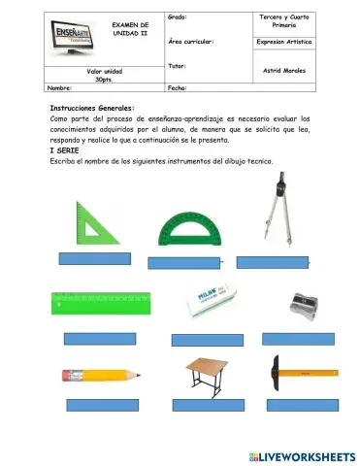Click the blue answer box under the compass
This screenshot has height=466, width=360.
click(273, 260)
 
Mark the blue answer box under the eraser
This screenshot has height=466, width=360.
click(207, 340)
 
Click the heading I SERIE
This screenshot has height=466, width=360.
click(65, 150)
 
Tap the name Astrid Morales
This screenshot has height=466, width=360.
click(284, 70)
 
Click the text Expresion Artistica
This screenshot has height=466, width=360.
click(284, 43)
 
